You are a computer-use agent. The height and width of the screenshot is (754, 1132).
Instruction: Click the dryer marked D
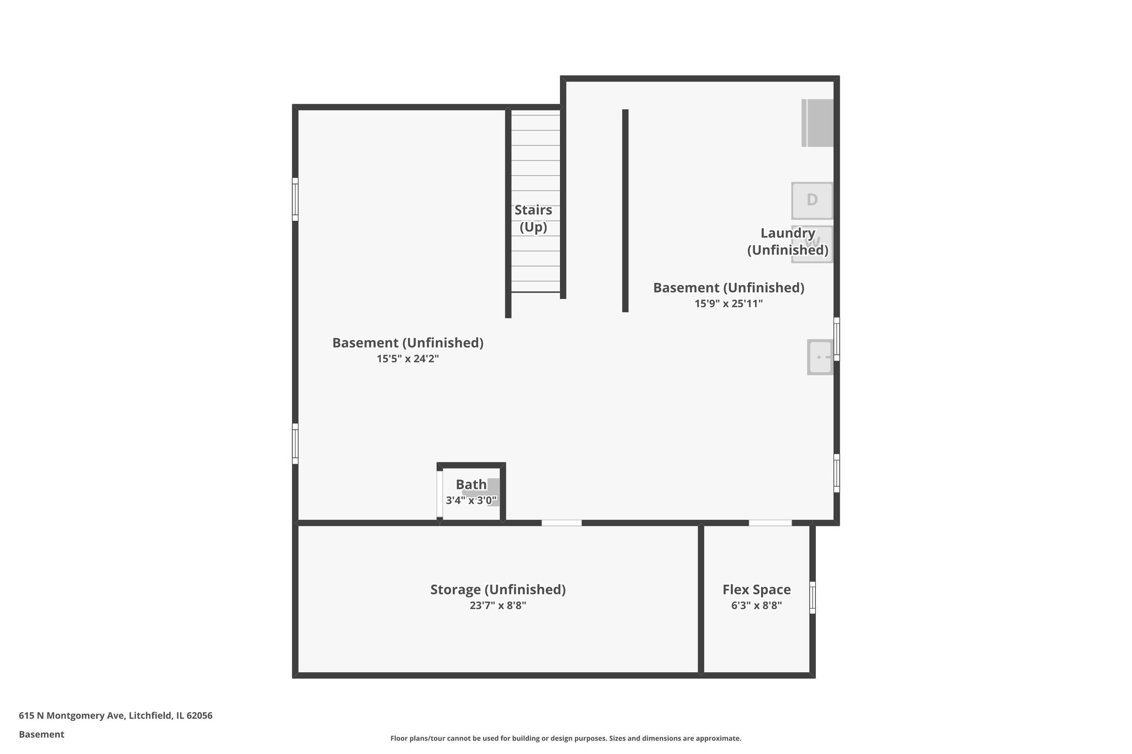pos(811,201)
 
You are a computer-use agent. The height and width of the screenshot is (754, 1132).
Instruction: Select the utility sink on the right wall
pos(820,357)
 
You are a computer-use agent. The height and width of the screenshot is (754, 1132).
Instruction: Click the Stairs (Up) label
pos(533,218)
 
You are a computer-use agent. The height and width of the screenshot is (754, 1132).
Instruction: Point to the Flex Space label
pos(756,589)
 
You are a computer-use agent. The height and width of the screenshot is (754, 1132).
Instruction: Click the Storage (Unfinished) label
pos(497,589)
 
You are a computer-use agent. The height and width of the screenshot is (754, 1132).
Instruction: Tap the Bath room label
pos(471,484)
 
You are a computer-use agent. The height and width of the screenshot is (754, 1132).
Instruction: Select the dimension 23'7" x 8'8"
pos(497,605)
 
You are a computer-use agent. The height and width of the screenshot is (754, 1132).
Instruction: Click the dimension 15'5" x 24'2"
pos(407,358)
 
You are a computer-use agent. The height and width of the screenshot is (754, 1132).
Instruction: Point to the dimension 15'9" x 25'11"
pos(729,303)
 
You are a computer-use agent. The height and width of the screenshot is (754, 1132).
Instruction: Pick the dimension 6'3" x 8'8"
pos(756,605)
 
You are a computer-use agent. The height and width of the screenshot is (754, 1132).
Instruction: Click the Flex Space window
pos(813,597)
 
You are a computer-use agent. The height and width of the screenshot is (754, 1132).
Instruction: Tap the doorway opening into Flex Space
pos(770,523)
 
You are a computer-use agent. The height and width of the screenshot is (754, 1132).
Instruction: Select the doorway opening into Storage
pos(561,523)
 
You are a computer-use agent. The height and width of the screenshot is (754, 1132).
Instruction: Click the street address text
pos(116,715)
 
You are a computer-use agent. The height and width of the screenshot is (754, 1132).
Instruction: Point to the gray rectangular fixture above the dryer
pos(817,123)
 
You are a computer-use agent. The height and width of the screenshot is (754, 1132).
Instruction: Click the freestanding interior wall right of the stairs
pos(625,210)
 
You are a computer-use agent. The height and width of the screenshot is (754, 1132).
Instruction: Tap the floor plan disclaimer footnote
pos(565,738)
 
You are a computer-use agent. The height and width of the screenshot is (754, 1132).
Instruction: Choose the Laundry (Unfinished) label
pos(788,241)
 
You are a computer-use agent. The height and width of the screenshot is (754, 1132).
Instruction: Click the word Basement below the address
pos(41,734)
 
